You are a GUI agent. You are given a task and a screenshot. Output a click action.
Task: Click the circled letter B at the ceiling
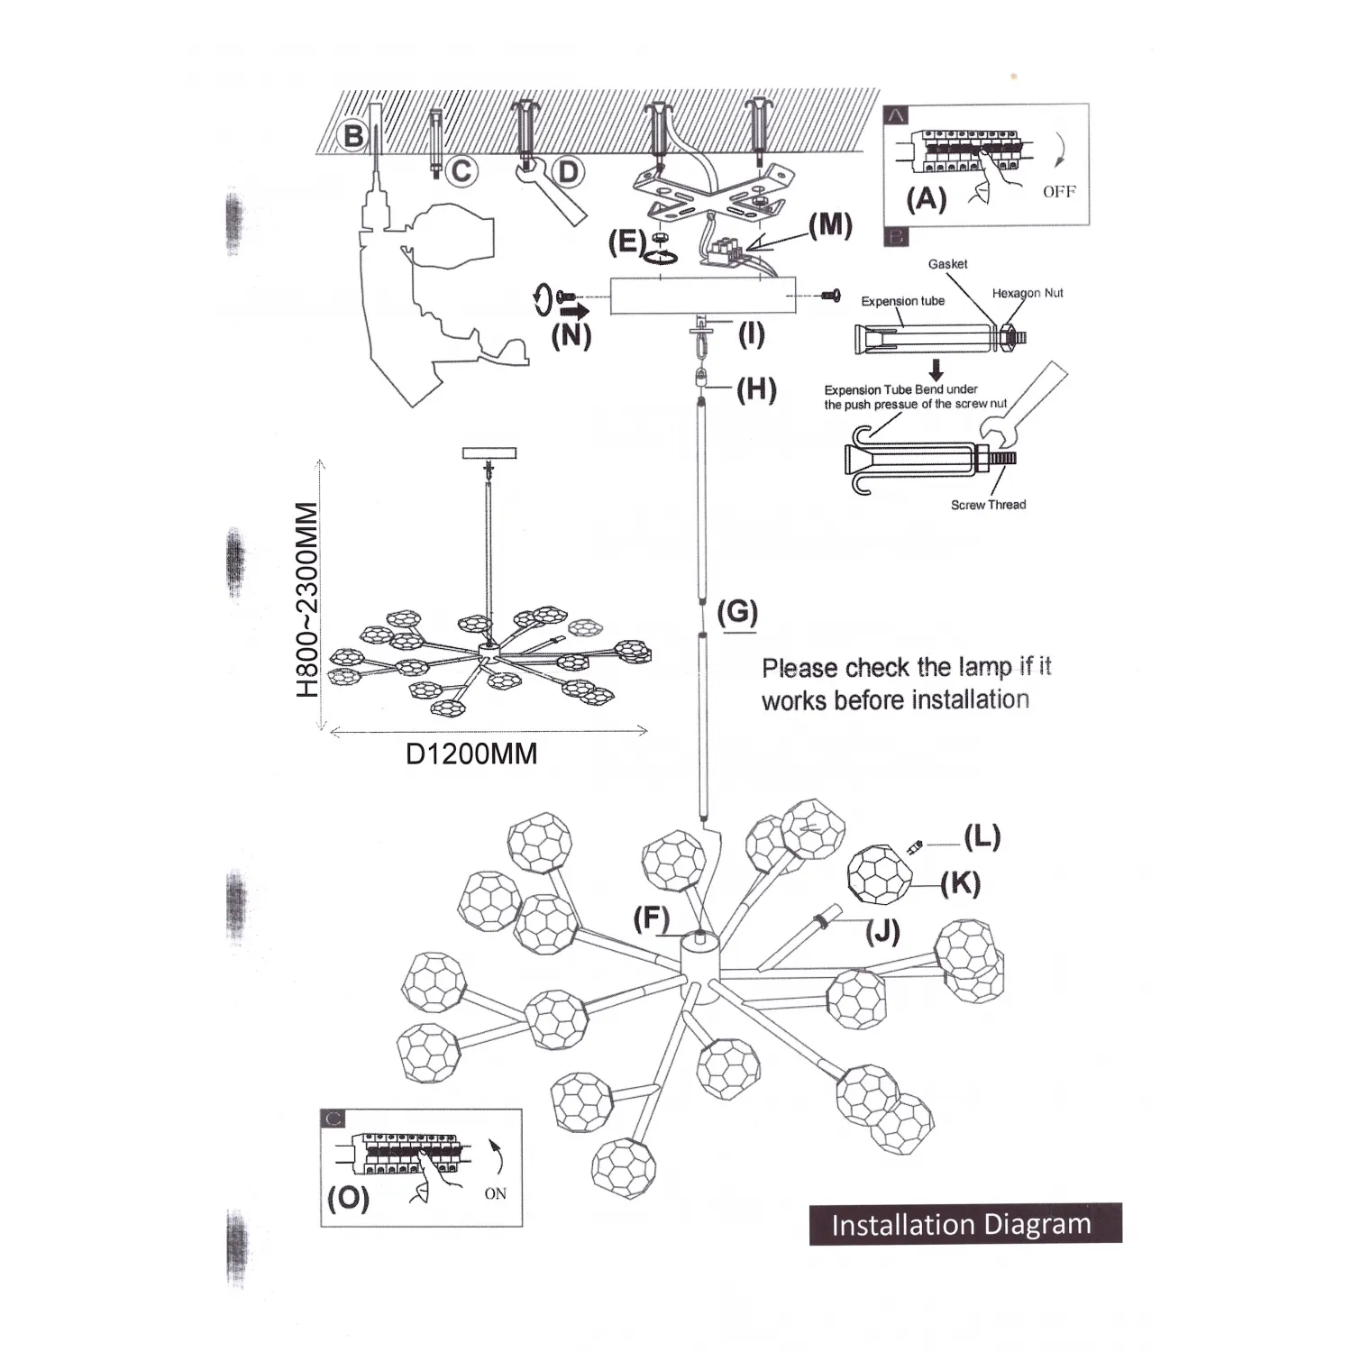(x=354, y=136)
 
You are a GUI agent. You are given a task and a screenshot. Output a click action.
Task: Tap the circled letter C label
(x=461, y=170)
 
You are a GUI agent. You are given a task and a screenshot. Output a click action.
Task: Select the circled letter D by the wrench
(x=567, y=171)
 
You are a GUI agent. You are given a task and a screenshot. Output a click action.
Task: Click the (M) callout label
(x=829, y=225)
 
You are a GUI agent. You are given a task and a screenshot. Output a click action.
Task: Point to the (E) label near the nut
(x=626, y=242)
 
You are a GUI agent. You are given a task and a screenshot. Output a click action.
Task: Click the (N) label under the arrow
(x=571, y=335)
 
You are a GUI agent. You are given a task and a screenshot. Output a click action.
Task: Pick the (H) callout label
(x=756, y=389)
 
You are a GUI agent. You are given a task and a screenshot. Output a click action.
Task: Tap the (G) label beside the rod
(x=737, y=612)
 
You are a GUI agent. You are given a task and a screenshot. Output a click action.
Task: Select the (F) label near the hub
(x=652, y=919)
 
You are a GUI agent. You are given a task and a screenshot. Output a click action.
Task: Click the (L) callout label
(x=982, y=837)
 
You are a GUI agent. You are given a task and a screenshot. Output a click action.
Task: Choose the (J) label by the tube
(x=883, y=931)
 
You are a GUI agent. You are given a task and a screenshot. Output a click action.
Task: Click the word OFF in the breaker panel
(x=1059, y=192)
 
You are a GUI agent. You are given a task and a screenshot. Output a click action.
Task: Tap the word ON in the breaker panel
(x=495, y=1193)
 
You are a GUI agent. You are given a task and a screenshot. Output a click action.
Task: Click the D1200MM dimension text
(x=471, y=754)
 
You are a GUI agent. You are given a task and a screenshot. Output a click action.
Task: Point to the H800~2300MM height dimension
(x=307, y=599)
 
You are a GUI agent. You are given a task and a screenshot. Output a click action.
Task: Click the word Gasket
(x=947, y=264)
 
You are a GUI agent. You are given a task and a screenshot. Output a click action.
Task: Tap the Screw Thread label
(x=988, y=505)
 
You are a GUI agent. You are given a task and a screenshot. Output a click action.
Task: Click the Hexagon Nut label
(x=1028, y=293)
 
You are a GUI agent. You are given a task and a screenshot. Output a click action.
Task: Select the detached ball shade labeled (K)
(x=880, y=874)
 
